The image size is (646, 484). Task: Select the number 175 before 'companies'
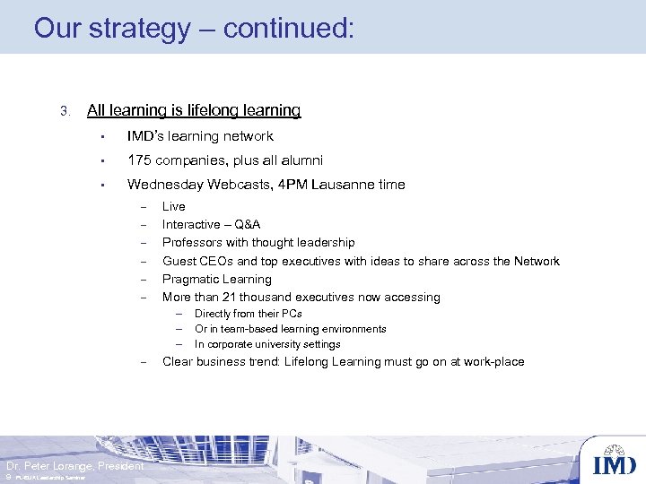point(138,160)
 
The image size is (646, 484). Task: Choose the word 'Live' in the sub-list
point(173,207)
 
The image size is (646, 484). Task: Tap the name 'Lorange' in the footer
point(68,466)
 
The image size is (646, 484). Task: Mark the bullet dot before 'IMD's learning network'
point(103,137)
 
